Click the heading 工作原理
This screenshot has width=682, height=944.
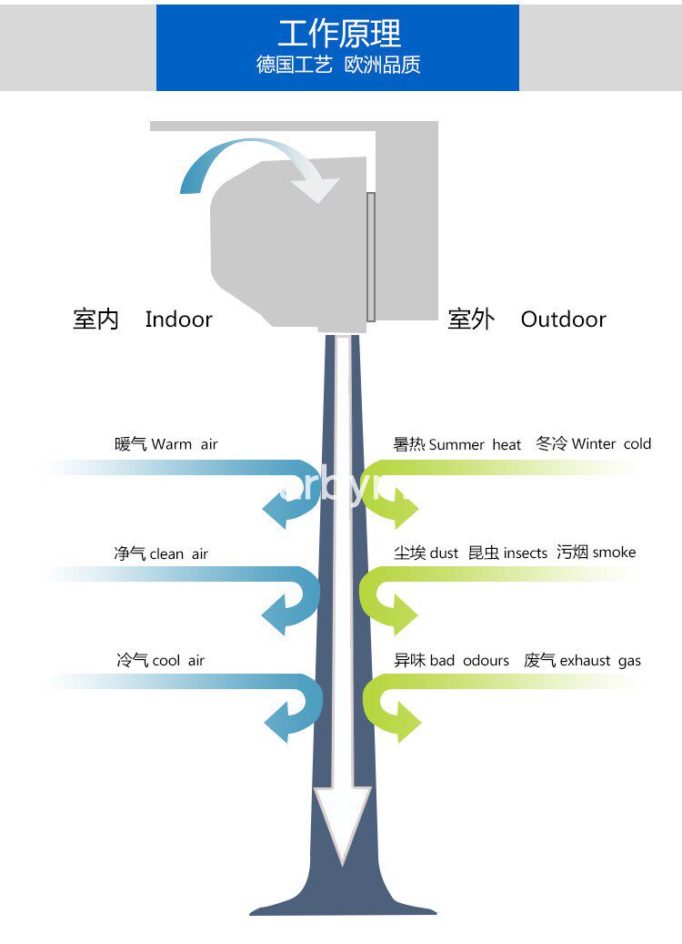click(x=338, y=34)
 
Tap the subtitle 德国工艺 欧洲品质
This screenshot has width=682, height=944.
click(x=338, y=66)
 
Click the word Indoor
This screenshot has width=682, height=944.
click(x=178, y=320)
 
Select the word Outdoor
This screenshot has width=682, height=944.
click(x=563, y=320)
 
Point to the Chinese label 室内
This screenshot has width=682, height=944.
click(x=95, y=320)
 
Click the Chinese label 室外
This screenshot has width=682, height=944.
click(x=471, y=320)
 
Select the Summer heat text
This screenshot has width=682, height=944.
click(x=475, y=444)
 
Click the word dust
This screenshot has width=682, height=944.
click(x=444, y=553)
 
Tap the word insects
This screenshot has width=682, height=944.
click(x=525, y=553)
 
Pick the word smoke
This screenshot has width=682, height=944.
click(x=614, y=553)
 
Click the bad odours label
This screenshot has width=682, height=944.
click(x=469, y=661)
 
